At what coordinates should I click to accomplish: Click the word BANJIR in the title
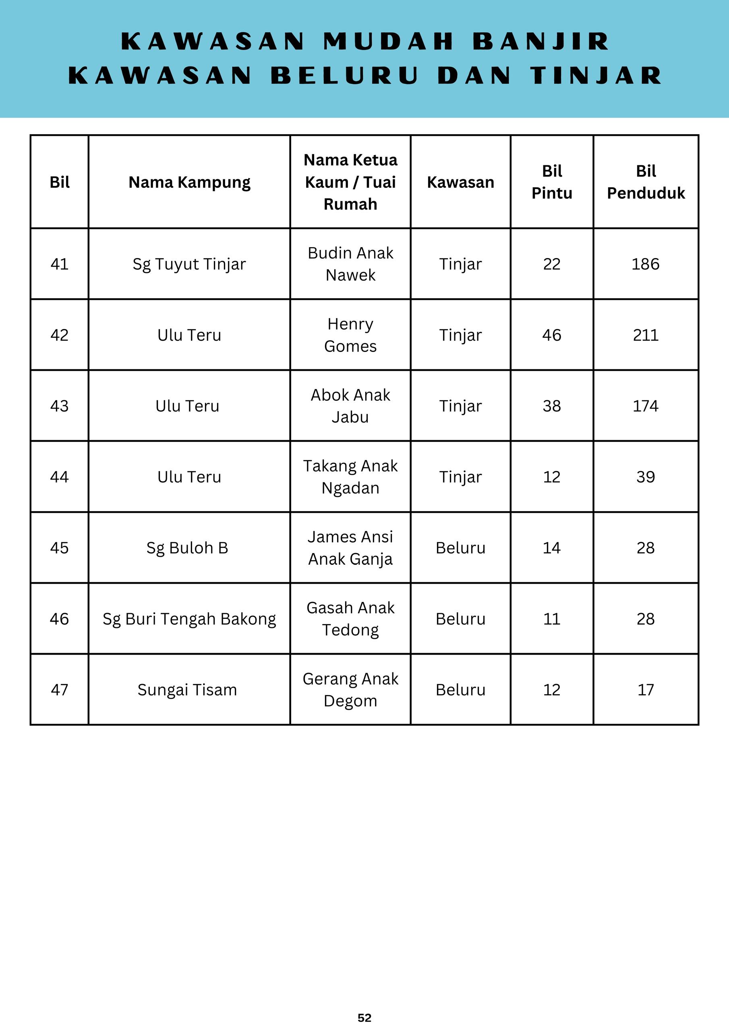point(541,42)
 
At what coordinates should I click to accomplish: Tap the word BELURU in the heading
point(345,75)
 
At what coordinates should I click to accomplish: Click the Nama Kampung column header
point(189,182)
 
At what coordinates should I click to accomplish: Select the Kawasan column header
point(460,182)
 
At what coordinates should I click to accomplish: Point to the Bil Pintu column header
point(551,182)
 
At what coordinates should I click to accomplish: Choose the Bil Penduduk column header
point(646,182)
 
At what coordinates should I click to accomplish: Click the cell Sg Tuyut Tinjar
point(189,264)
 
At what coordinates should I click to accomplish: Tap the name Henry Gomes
point(350,335)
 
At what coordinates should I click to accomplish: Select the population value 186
point(646,264)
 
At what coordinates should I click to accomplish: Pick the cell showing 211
point(646,335)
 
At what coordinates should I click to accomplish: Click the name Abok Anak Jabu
point(350,406)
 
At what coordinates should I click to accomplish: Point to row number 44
point(59,477)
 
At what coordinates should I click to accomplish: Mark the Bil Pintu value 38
point(551,406)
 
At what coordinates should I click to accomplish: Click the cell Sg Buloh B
point(187,548)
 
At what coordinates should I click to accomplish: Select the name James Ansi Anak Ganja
point(350,548)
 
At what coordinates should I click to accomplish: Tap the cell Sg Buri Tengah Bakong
point(189,619)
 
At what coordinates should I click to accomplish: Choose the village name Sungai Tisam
point(187,690)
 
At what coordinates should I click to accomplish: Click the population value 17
point(646,690)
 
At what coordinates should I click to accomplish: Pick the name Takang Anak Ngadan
point(350,477)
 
